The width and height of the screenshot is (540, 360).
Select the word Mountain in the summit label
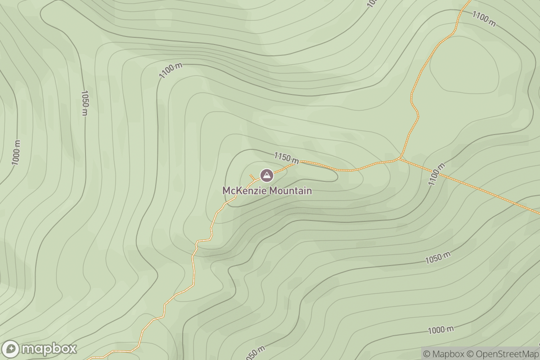290,191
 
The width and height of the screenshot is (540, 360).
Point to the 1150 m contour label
286,157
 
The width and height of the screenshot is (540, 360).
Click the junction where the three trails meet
399,158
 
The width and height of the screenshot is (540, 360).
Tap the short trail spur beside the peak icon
252,176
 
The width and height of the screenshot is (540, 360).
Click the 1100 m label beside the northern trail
484,19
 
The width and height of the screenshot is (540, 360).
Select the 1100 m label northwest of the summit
171,71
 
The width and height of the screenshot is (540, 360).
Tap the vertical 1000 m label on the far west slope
16,153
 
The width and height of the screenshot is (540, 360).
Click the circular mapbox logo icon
10,349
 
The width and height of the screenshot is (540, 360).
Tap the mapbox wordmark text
49,349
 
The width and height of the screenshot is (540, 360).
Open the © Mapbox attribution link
443,354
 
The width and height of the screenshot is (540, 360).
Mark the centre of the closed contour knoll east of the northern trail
464,70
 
